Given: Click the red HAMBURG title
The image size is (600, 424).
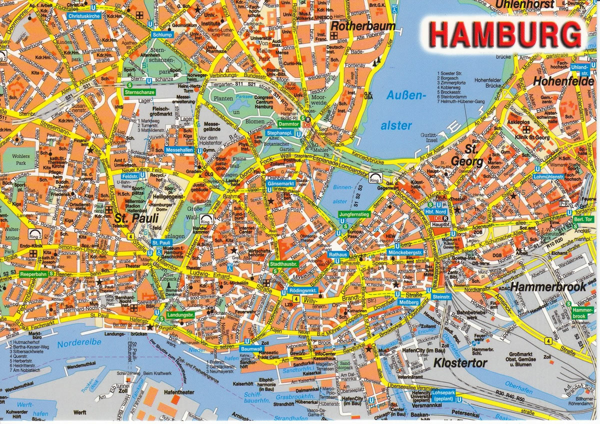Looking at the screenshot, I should (505, 34).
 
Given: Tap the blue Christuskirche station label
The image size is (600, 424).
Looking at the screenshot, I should (84, 16).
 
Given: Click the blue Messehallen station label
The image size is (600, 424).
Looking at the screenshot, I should (179, 149).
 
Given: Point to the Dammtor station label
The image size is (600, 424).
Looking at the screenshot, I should (288, 123).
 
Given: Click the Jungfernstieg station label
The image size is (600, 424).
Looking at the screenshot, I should (354, 214).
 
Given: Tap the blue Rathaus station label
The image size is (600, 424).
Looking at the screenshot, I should (337, 254).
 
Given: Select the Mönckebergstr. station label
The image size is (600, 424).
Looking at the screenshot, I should (405, 252).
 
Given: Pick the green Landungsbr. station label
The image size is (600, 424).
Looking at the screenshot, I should (180, 315).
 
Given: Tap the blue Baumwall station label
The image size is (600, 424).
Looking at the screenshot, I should (251, 348).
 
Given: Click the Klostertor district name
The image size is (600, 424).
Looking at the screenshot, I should (460, 363).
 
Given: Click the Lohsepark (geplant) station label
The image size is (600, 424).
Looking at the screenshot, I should (443, 396).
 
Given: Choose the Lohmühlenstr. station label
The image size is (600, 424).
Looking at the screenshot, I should (548, 176).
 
